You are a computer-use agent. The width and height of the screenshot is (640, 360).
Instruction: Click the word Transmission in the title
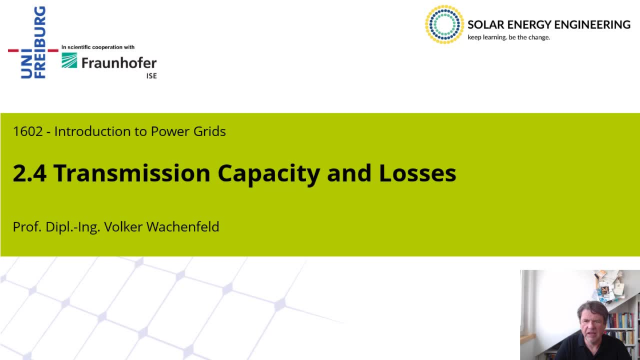click(x=132, y=173)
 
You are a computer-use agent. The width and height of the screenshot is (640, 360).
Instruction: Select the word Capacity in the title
click(x=269, y=174)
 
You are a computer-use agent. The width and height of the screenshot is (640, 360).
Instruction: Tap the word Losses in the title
click(x=417, y=173)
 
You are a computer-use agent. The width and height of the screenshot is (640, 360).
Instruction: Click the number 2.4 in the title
click(x=29, y=173)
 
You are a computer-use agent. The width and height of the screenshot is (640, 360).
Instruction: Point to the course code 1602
click(x=28, y=132)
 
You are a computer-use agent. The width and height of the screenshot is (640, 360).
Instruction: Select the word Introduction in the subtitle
click(x=95, y=132)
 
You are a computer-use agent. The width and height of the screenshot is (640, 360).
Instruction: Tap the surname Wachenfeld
click(x=182, y=227)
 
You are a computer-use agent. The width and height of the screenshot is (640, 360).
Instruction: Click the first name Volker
click(x=124, y=227)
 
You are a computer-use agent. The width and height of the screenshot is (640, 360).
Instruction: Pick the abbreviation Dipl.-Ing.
click(x=73, y=227)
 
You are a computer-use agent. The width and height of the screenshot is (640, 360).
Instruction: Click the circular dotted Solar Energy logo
click(x=444, y=25)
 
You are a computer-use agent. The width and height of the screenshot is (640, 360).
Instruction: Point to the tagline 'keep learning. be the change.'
click(x=509, y=37)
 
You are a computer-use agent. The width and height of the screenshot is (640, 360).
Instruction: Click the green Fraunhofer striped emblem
click(x=69, y=61)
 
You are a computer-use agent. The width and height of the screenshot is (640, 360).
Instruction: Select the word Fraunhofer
click(x=119, y=63)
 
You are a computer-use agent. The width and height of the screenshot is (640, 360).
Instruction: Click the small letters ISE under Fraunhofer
click(x=152, y=76)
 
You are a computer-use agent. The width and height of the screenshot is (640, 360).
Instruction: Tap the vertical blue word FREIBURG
click(x=40, y=42)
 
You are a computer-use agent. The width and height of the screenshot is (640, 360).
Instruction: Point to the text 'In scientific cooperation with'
click(x=98, y=48)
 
